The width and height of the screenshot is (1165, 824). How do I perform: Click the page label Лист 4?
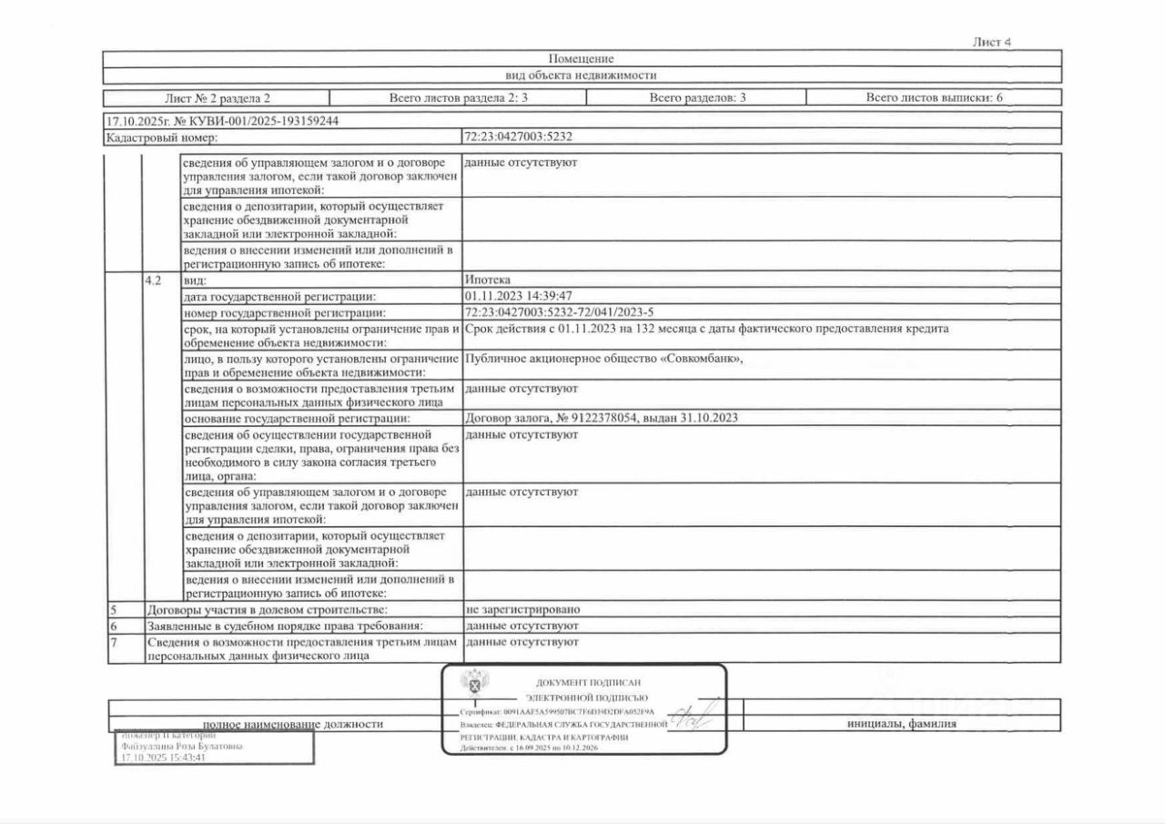[x=992, y=42]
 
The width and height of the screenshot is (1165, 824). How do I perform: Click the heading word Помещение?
[x=582, y=59]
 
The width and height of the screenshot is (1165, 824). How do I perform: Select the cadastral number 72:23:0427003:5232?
[x=518, y=137]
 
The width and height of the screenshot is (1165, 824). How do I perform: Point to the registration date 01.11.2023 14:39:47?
[x=518, y=296]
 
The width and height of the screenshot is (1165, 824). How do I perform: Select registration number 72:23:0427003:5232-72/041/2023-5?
[x=559, y=312]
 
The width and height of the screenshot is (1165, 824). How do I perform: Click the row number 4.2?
[x=153, y=280]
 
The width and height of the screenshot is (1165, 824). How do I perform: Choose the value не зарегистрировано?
[x=522, y=609]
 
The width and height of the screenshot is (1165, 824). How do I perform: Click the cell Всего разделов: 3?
[x=697, y=97]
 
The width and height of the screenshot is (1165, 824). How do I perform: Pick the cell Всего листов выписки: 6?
[x=934, y=97]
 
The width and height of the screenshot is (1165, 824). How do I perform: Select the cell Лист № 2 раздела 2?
[x=218, y=97]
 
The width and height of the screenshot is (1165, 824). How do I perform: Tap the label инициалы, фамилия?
[x=901, y=725]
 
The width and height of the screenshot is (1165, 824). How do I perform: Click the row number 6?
[x=114, y=626]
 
